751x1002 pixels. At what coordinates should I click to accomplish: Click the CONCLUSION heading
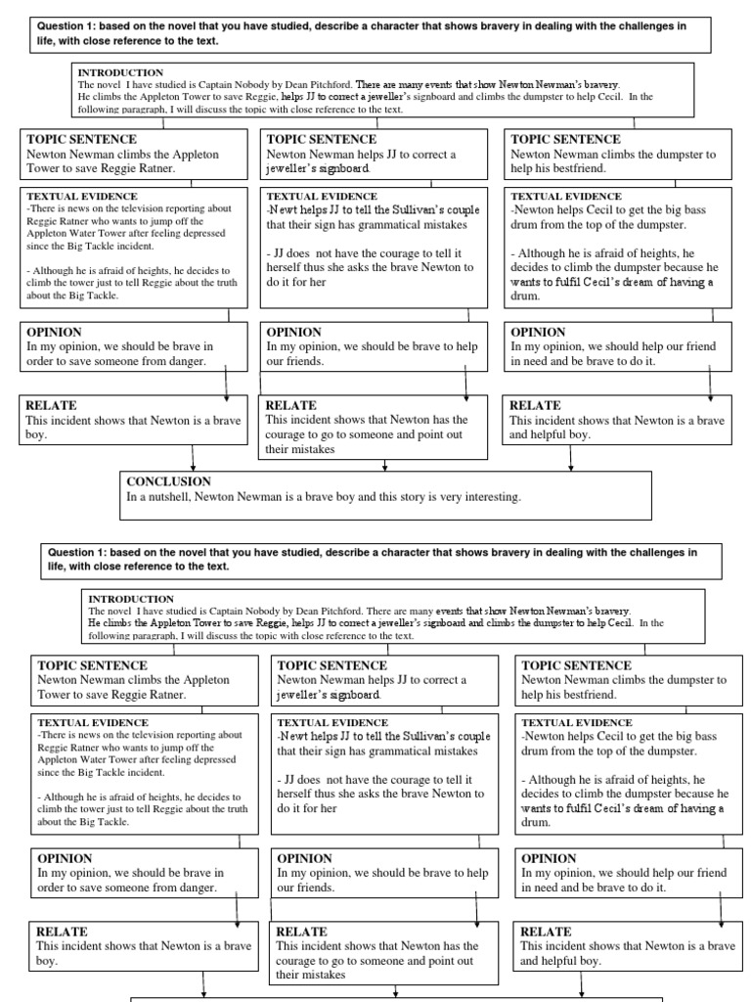[x=168, y=481]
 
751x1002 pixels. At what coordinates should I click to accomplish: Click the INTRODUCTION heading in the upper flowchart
[x=120, y=72]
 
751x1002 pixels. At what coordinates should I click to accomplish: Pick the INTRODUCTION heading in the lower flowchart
[x=131, y=598]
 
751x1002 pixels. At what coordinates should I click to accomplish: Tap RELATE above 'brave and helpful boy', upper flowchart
[x=535, y=404]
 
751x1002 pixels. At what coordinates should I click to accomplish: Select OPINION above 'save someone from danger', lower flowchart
[x=65, y=857]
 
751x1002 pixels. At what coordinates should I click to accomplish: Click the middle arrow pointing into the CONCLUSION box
[x=384, y=464]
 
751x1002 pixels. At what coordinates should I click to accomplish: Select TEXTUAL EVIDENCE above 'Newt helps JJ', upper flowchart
[x=323, y=196]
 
